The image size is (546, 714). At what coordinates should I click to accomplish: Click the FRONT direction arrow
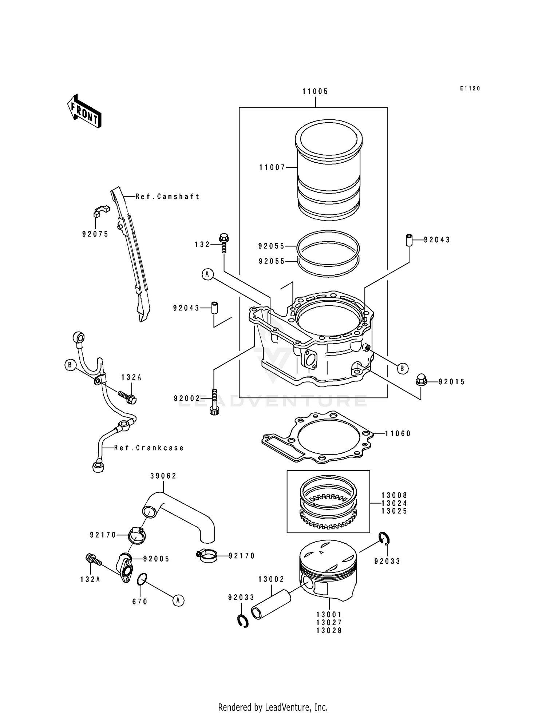(x=84, y=111)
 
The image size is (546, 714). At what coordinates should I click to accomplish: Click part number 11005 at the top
(x=315, y=91)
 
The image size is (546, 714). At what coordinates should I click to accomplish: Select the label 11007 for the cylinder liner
(x=272, y=168)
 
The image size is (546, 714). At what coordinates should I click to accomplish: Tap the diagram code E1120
(x=470, y=88)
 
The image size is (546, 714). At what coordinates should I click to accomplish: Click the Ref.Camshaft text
(x=167, y=197)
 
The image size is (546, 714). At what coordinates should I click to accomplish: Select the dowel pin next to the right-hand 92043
(x=409, y=241)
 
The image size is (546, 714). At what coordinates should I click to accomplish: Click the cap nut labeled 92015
(x=421, y=381)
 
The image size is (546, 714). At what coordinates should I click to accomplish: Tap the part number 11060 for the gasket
(x=398, y=433)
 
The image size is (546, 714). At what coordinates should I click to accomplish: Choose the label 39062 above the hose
(x=163, y=476)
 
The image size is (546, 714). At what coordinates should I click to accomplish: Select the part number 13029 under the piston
(x=329, y=631)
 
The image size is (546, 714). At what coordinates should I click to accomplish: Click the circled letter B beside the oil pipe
(x=70, y=365)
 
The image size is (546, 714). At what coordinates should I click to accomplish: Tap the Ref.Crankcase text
(x=149, y=448)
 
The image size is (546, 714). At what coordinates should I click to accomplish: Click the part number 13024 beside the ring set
(x=394, y=503)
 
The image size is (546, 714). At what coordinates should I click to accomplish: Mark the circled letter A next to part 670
(x=178, y=600)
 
